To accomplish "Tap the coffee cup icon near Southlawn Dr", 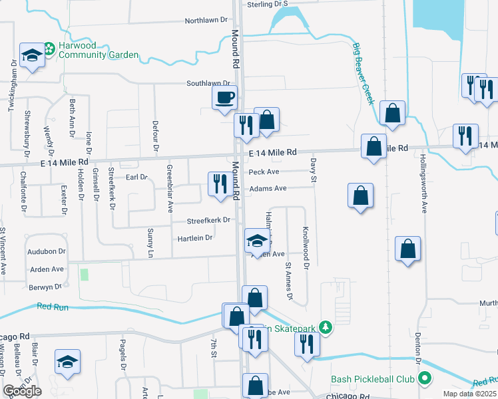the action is [224, 98].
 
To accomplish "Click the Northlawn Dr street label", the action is [206, 21].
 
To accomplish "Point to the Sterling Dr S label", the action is [266, 4].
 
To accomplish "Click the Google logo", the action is [22, 391].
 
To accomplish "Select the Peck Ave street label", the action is [264, 172].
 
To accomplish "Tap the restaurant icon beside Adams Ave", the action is [220, 184].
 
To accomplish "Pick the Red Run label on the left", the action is [53, 306].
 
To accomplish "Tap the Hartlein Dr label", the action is [194, 237].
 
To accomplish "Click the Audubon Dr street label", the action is [47, 252].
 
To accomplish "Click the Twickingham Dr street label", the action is [13, 87].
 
